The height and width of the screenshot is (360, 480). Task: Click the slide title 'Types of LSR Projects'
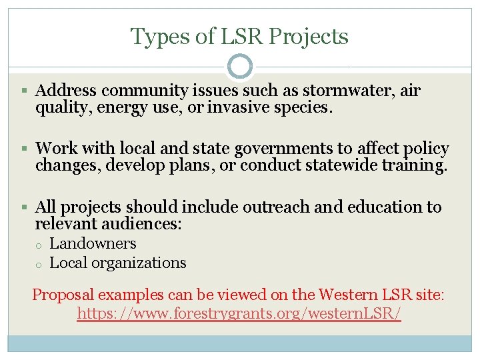tap(239, 36)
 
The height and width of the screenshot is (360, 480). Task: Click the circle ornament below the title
tap(240, 67)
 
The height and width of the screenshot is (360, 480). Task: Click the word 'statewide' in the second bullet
tap(347, 165)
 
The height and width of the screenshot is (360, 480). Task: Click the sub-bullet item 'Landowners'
tap(93, 244)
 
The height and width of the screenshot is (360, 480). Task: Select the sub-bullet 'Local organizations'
tap(118, 263)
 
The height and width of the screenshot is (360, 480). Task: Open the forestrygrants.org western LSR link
tap(239, 313)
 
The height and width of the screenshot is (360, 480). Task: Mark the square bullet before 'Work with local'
tap(25, 149)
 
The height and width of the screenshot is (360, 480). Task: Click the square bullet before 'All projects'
tap(25, 207)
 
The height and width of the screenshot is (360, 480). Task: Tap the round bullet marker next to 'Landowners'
tap(39, 245)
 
